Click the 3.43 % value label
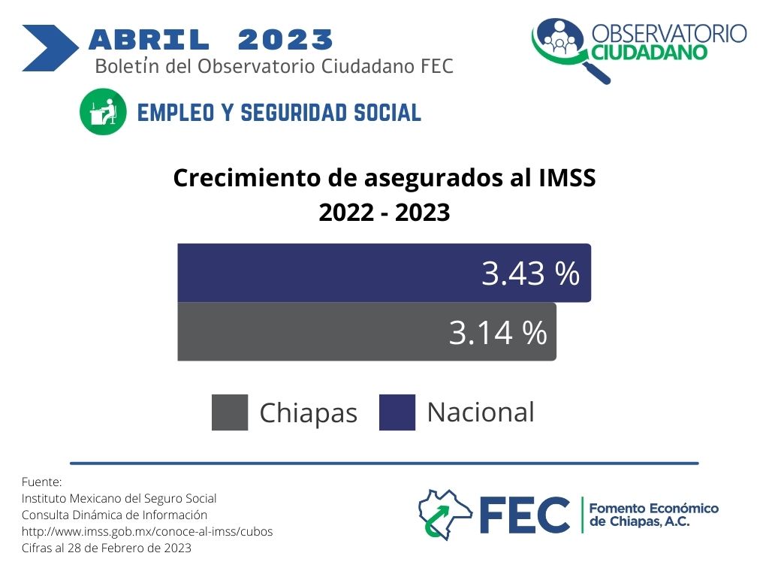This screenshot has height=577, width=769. [x=530, y=273]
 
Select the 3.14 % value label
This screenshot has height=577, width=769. [x=498, y=333]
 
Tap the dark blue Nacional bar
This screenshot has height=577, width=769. [x=384, y=273]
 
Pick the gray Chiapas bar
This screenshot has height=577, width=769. [x=366, y=331]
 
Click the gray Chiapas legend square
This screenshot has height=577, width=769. [x=230, y=412]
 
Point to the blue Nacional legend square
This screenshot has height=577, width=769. [x=397, y=412]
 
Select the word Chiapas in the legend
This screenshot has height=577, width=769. [x=309, y=413]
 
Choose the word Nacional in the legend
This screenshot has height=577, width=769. [x=481, y=412]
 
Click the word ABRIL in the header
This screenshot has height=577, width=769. [x=149, y=40]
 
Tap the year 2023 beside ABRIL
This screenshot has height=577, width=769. [x=285, y=40]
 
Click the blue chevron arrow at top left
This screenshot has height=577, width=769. [x=50, y=48]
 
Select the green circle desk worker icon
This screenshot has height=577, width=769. [x=103, y=111]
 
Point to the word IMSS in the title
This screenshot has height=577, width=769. [x=567, y=177]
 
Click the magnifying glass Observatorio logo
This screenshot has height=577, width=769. [x=569, y=49]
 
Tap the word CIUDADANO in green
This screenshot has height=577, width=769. [x=650, y=52]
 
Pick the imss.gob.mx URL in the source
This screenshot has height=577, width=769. [x=147, y=532]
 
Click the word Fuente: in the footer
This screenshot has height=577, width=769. [x=42, y=482]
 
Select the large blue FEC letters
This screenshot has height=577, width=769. [x=524, y=515]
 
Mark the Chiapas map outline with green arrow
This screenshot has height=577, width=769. [x=445, y=514]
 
